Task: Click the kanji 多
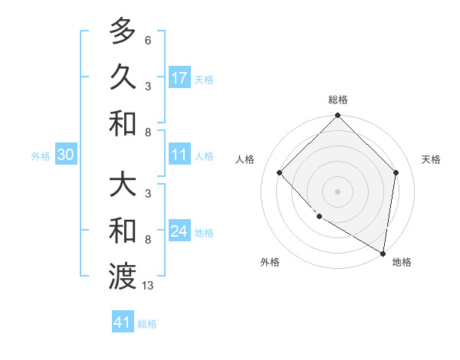pos(123,31)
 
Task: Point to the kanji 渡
pos(123,276)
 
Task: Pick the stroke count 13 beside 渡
pos(148,286)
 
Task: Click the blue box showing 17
pos(179,78)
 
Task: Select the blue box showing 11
pos(179,155)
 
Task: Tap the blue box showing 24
pos(179,232)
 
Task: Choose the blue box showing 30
pos(65,155)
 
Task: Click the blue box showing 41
pos(123,322)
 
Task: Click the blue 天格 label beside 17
pos(203,80)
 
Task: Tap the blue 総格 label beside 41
pos(147,324)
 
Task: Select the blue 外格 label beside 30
pos(41,156)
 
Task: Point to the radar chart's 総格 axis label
pos(337,100)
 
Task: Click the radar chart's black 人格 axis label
pos(245,159)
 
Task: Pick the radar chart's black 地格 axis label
pos(402,262)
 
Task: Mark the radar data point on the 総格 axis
pos(337,116)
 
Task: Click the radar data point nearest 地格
pos(383,254)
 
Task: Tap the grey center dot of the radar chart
pos(337,191)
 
